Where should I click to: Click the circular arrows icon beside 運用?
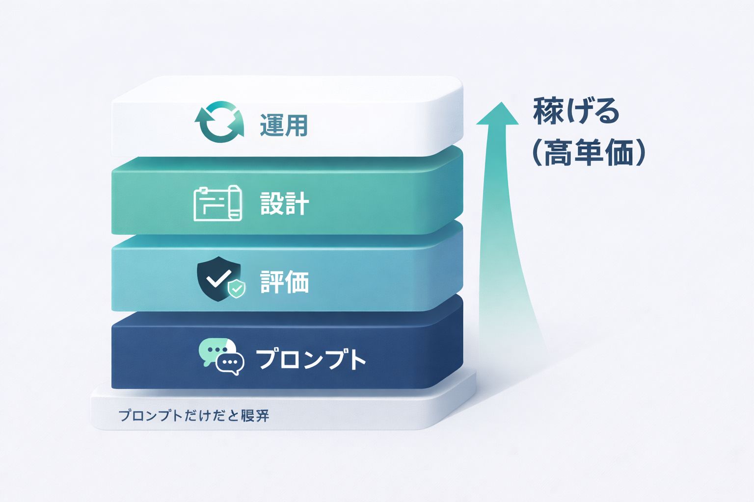[x=219, y=122]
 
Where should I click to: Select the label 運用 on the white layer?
[x=284, y=125]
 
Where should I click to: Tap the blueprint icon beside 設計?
[x=218, y=203]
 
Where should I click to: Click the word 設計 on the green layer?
[x=284, y=203]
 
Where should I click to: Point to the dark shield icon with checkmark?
[x=218, y=278]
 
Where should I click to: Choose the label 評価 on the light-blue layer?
[x=284, y=282]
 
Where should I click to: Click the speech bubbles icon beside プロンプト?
[x=221, y=356]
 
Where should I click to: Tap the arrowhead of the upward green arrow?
[x=498, y=114]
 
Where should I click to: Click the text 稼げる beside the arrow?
[x=575, y=111]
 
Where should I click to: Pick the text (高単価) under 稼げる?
[x=588, y=153]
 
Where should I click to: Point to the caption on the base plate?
[x=194, y=416]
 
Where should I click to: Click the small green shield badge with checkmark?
[x=237, y=289]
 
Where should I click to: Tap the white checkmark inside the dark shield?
[x=217, y=278]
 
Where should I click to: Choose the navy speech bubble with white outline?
[x=230, y=363]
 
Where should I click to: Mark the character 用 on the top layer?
[x=296, y=125]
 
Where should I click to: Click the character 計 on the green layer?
[x=296, y=203]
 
